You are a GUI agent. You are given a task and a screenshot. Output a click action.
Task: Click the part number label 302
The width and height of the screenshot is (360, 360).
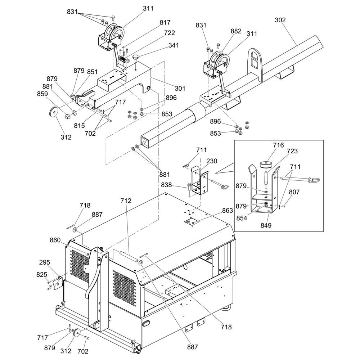[x=280, y=20]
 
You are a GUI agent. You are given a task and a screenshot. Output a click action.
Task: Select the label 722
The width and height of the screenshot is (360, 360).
[x=169, y=33]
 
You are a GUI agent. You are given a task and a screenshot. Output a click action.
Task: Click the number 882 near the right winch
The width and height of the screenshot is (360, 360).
[x=236, y=31]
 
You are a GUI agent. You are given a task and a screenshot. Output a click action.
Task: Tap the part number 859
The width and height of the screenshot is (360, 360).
[x=42, y=94]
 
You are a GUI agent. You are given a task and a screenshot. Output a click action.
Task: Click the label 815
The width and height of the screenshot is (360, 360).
[x=79, y=126]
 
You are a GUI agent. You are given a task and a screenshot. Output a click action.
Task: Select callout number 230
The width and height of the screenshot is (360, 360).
[x=212, y=161]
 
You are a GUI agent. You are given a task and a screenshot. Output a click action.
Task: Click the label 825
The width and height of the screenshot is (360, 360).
[x=42, y=274]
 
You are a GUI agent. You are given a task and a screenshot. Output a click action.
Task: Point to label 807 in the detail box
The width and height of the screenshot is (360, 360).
[x=294, y=192]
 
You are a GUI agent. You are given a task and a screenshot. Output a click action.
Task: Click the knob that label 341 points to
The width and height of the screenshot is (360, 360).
[x=135, y=57]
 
